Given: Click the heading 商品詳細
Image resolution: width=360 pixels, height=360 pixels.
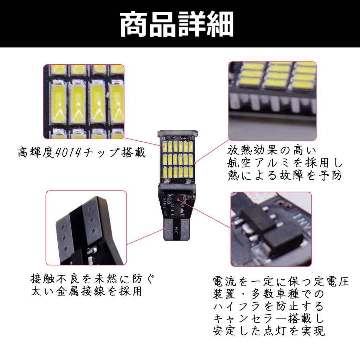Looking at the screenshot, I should pos(176,25).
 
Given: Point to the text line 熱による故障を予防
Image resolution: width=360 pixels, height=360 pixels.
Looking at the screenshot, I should pos(285,175).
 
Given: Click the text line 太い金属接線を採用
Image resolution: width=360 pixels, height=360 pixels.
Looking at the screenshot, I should pos(86,291).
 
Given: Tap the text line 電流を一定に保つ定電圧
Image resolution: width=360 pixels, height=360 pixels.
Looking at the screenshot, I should pos(281,282).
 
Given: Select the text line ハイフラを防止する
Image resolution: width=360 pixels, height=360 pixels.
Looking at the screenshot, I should pos(268,306).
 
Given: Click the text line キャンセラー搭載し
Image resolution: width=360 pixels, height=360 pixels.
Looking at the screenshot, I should pos(268,318).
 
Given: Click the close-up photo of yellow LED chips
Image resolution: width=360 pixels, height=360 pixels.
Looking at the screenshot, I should pos(84,101).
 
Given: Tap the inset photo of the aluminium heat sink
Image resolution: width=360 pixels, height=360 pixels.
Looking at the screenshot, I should pos(272,101).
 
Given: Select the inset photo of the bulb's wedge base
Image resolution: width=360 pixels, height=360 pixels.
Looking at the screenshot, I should pos(86,228).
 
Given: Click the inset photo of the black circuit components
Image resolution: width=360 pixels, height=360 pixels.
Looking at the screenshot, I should pos(271,229).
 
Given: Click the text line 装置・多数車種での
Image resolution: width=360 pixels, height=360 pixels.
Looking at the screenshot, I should pos(268,294).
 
